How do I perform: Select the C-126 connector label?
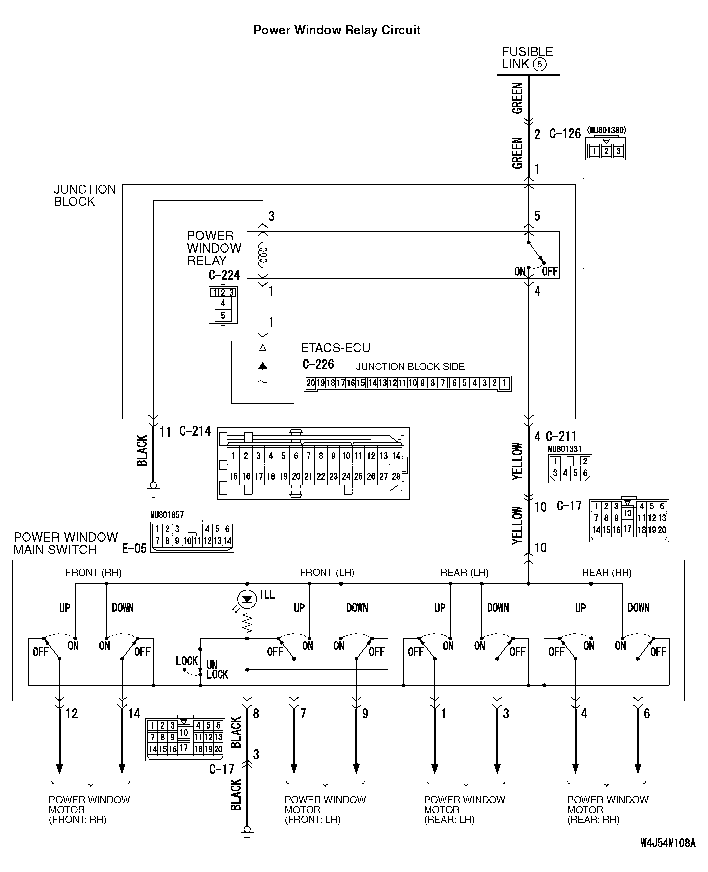(x=565, y=134)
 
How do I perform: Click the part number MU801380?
(x=606, y=130)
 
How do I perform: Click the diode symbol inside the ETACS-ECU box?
(x=263, y=366)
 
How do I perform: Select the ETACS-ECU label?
(x=335, y=348)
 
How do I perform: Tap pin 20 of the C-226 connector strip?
(x=310, y=383)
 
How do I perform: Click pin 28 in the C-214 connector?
(x=396, y=476)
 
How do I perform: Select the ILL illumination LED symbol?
(x=247, y=599)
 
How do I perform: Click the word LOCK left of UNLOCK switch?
(x=186, y=661)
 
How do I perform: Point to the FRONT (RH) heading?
(x=93, y=572)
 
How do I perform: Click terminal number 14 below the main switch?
(x=134, y=713)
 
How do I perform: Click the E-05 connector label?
(x=134, y=548)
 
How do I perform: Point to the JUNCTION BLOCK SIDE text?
(x=410, y=367)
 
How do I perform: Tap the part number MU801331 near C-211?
(x=564, y=449)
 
